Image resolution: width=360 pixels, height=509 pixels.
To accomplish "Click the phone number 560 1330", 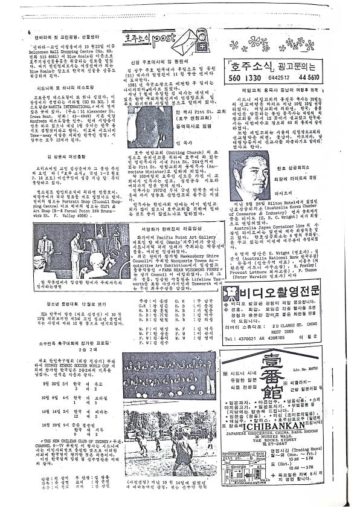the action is pos(240,78).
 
